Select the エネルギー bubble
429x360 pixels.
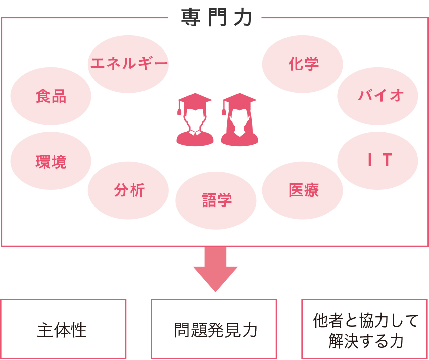click(128, 64)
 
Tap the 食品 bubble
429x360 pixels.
click(51, 96)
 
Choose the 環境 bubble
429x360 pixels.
click(51, 162)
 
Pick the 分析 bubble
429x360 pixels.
click(128, 190)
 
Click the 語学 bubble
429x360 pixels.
click(216, 200)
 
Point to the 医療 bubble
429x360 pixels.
click(303, 190)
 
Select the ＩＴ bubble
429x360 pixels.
click(377, 161)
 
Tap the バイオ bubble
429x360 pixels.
click(377, 95)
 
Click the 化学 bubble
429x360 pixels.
click(303, 64)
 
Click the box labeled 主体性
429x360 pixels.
click(63, 329)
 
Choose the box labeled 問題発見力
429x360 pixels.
click(214, 329)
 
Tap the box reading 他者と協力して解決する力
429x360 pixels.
click(364, 329)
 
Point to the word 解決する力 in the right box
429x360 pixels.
click(365, 340)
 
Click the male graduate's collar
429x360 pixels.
click(195, 133)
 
